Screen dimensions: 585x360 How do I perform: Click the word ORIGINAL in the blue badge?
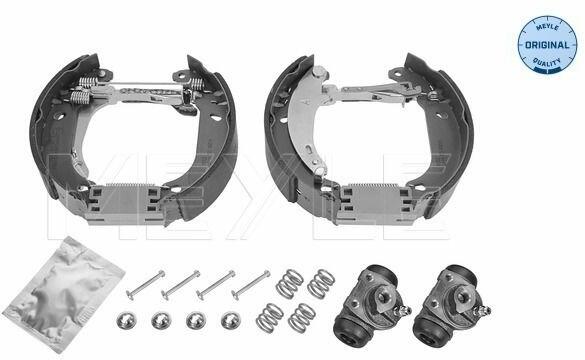point(547,45)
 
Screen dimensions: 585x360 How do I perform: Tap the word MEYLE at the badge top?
point(547,28)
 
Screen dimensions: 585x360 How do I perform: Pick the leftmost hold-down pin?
point(145,285)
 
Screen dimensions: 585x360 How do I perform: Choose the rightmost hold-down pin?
point(251,285)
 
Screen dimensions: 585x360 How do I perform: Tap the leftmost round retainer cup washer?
point(126,320)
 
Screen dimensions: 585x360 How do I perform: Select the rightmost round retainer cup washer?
point(231,320)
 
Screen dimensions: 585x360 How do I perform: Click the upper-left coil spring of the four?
point(290,283)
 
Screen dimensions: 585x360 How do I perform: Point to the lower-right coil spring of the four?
point(302,317)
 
